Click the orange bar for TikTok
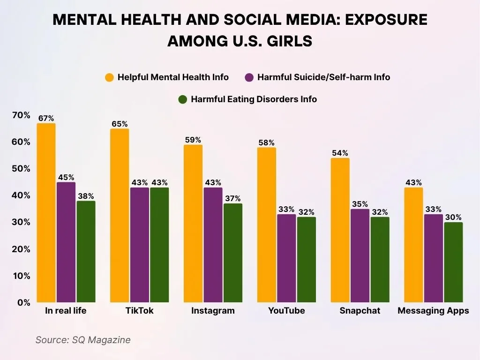tap(120, 215)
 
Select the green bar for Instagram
tap(233, 253)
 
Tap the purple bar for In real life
tap(66, 242)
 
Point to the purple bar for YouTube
tap(286, 258)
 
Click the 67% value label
tap(46, 119)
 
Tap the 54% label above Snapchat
tap(340, 153)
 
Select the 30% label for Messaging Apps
tap(453, 217)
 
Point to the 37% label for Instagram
tap(233, 198)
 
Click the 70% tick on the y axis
tap(21, 115)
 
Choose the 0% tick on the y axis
tap(23, 302)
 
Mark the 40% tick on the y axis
tap(21, 195)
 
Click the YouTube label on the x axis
tap(286, 311)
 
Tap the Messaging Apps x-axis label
tap(433, 311)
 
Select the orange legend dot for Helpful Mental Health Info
tap(110, 77)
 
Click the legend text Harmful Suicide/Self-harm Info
tap(323, 77)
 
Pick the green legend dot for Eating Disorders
tap(183, 99)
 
